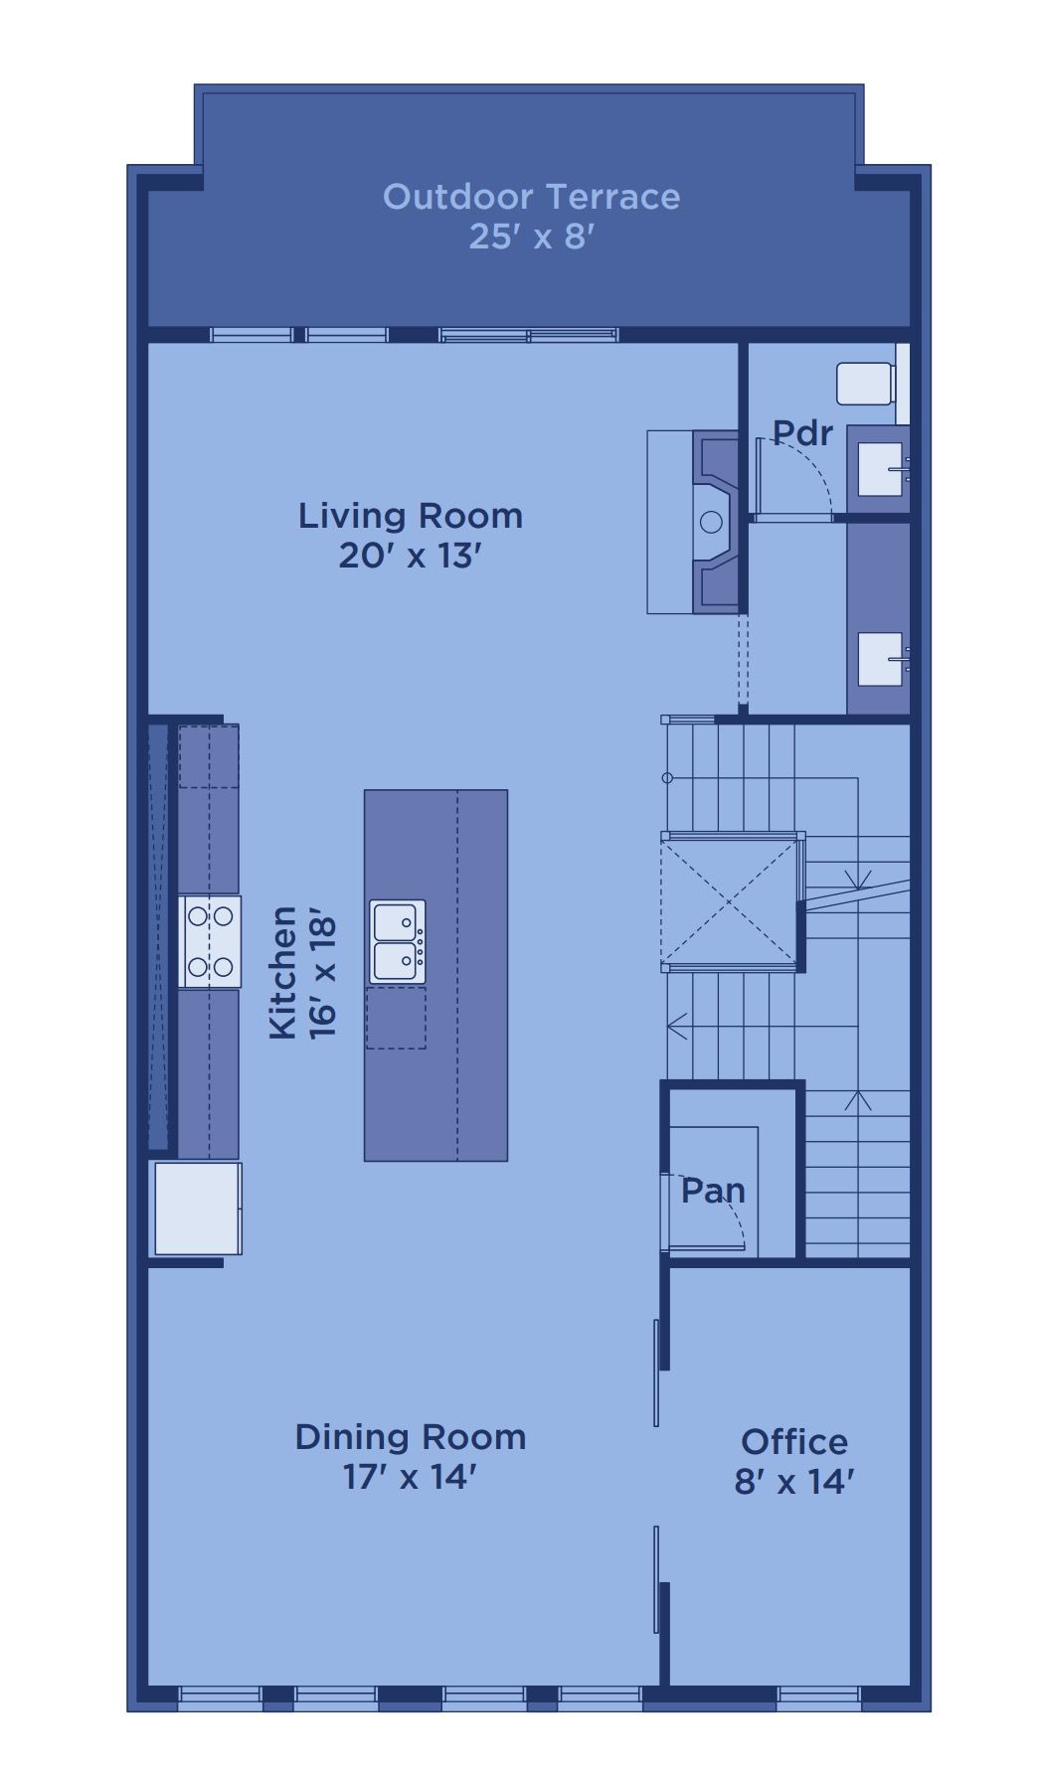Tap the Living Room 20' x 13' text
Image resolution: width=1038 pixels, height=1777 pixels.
[411, 535]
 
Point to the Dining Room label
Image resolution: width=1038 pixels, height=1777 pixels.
[411, 1437]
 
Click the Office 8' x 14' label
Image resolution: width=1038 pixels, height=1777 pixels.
[794, 1461]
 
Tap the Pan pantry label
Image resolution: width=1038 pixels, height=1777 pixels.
[713, 1190]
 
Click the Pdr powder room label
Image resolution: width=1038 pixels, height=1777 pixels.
[802, 433]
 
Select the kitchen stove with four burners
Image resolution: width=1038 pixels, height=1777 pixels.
[210, 941]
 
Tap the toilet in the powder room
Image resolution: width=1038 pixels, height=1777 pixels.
[866, 384]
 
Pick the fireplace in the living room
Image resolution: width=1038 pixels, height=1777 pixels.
[715, 522]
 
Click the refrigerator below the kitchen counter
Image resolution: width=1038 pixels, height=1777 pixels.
[198, 1208]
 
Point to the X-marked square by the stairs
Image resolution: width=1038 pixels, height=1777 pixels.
[729, 902]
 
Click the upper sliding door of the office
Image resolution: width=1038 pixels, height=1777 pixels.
[656, 1373]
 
